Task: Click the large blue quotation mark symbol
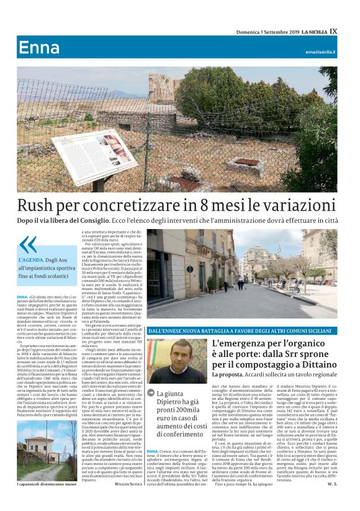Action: pyautogui.click(x=27, y=245)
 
